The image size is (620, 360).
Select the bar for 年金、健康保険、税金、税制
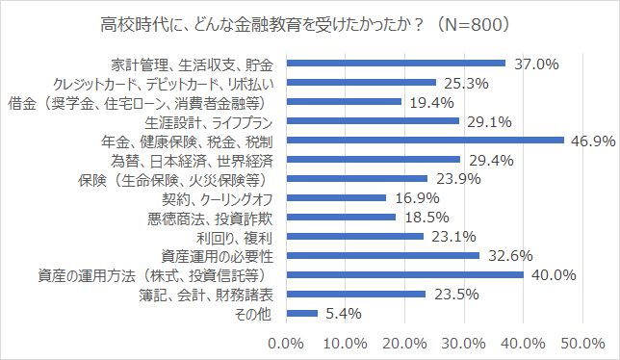tap(425, 141)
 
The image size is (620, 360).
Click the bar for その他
tap(301, 313)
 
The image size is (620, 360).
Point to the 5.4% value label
tap(341, 313)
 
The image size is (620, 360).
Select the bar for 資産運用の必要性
tap(382, 256)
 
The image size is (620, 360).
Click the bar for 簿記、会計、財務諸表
tap(355, 294)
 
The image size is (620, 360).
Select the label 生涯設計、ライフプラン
tap(212, 121)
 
